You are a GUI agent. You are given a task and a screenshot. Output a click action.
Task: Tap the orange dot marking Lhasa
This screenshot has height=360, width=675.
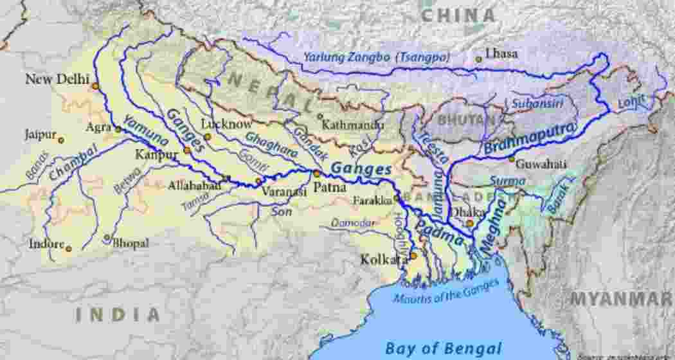478,59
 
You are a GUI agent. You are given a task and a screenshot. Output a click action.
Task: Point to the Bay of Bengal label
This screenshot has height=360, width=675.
443,348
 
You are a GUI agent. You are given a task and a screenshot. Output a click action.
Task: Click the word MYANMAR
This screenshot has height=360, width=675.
621,299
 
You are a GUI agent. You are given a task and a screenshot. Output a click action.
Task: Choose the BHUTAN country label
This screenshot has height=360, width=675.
467,120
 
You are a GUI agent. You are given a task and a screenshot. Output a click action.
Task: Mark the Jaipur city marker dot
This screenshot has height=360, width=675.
61,140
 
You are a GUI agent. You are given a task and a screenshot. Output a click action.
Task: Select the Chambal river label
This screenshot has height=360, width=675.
73,163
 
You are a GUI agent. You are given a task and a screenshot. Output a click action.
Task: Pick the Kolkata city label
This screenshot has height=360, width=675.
383,260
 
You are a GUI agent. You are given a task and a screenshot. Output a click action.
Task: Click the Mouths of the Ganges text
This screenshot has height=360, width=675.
446,291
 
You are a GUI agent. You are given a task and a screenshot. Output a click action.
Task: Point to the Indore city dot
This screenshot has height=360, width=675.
68,248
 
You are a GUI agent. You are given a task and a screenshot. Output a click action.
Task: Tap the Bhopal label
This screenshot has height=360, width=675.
130,244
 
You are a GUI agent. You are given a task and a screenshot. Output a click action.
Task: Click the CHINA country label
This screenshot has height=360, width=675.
458,15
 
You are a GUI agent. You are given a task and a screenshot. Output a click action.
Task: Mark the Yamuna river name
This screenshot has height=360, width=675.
138,131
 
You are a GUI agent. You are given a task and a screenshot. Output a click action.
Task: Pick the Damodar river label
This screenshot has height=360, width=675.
353,222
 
